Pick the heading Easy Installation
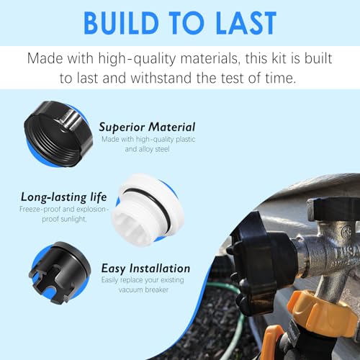pos(145,269)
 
